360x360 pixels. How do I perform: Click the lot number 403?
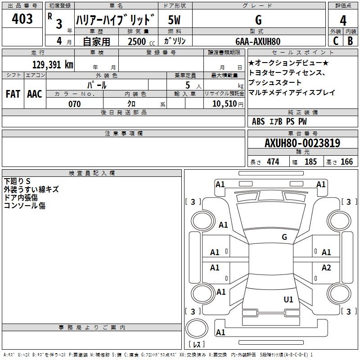tap(22, 18)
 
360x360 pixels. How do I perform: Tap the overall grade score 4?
tap(343, 21)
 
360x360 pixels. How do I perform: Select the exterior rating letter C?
tap(336, 41)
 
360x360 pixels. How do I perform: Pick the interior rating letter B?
tap(350, 41)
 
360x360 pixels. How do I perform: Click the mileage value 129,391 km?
tap(53, 65)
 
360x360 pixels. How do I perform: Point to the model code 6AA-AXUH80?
tap(258, 41)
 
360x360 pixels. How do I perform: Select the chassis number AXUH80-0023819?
tap(302, 143)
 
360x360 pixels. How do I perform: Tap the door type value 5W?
tap(174, 20)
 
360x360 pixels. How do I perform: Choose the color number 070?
tap(75, 104)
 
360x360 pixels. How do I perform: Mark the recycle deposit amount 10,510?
tap(225, 104)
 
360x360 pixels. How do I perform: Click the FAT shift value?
tap(13, 94)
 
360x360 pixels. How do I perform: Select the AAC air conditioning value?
tap(35, 94)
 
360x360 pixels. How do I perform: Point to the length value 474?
tap(273, 162)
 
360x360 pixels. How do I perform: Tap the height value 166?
tap(346, 162)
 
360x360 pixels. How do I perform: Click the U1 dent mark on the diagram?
tap(288, 300)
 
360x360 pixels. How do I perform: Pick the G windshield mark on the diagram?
tap(284, 237)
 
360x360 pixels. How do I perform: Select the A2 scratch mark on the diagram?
tap(326, 267)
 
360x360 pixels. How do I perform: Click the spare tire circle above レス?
tap(197, 328)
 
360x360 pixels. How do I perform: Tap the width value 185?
tap(310, 162)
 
